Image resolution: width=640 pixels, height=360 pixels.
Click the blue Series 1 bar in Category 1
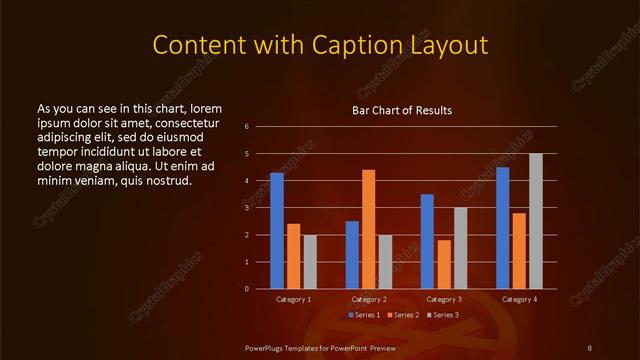pyautogui.click(x=277, y=231)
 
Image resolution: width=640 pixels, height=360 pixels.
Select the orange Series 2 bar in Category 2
pyautogui.click(x=369, y=229)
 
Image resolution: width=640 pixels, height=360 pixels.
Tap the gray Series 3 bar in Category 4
pyautogui.click(x=536, y=221)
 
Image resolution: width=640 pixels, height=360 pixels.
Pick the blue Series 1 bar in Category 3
pyautogui.click(x=427, y=241)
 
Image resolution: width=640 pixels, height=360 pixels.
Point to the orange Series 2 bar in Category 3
pyautogui.click(x=444, y=264)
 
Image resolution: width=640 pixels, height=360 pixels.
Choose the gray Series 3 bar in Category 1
pyautogui.click(x=310, y=262)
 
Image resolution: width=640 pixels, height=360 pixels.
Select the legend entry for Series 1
pyautogui.click(x=364, y=315)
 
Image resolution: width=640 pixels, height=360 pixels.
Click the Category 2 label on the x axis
pyautogui.click(x=369, y=299)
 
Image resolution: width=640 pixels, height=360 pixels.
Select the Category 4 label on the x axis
pyautogui.click(x=519, y=299)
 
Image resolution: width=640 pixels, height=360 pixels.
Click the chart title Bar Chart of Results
pyautogui.click(x=402, y=109)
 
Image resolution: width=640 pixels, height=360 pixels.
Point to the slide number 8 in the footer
pyautogui.click(x=590, y=347)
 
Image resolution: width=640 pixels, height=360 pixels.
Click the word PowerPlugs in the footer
pyautogui.click(x=265, y=347)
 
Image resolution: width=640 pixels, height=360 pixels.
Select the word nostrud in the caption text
pyautogui.click(x=166, y=180)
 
